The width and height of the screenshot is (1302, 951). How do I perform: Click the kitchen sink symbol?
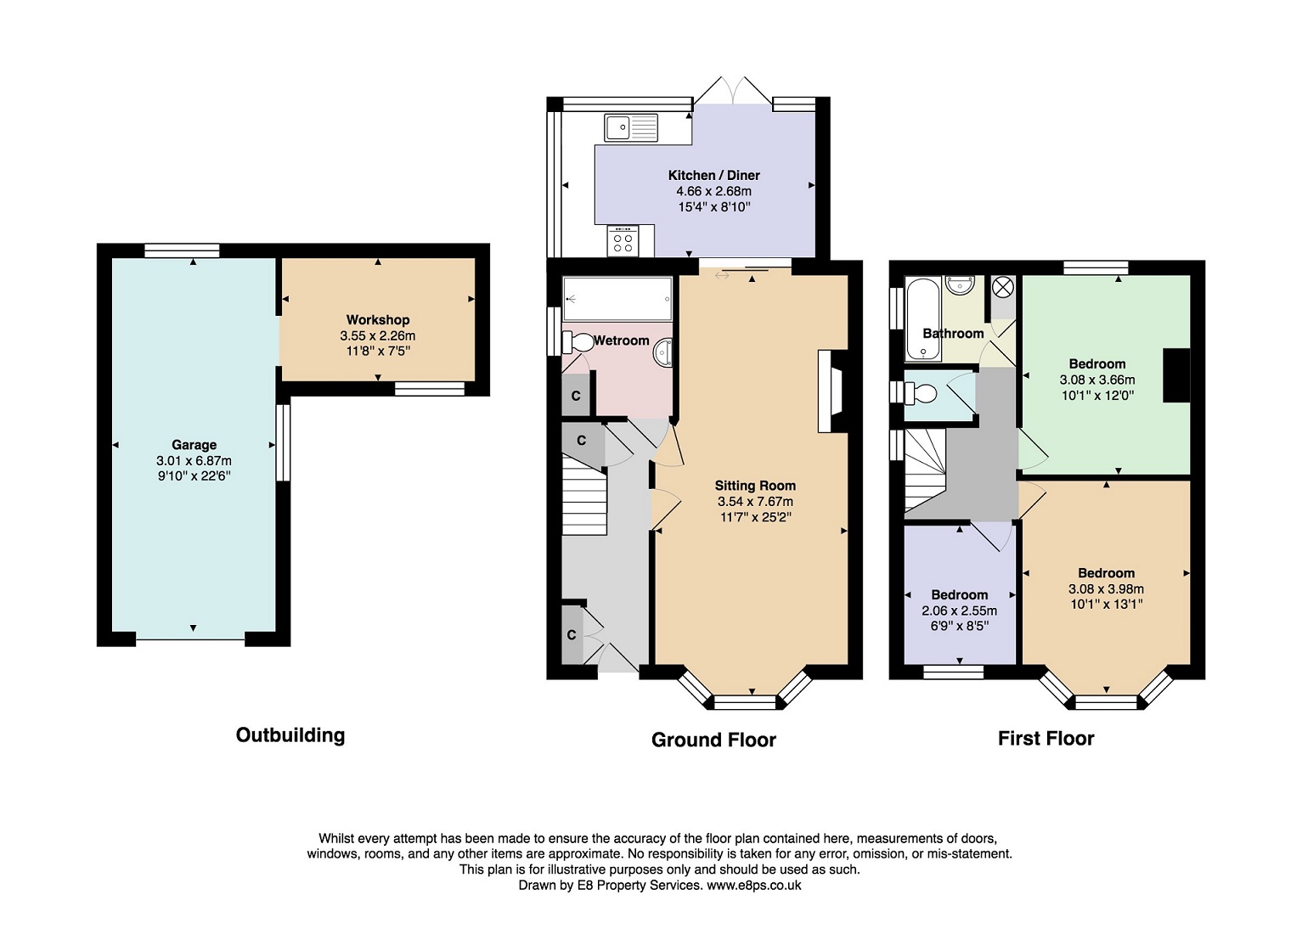pos(631,127)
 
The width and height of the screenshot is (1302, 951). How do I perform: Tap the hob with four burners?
pos(623,240)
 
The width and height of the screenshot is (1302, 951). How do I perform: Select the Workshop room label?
pos(378,319)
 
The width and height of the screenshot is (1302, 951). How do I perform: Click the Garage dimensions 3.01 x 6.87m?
pos(194,461)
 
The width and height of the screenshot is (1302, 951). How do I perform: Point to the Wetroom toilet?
pos(578,341)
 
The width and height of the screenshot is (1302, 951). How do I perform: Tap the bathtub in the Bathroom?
pos(922,319)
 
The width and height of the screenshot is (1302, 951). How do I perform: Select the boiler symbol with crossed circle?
pos(1003,287)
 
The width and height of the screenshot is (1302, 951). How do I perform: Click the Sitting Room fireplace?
pos(832,391)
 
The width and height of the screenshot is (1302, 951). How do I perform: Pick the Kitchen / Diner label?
pos(713,175)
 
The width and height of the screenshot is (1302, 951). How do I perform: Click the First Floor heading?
pos(1046,739)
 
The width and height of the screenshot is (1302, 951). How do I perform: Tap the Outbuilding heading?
pos(290,734)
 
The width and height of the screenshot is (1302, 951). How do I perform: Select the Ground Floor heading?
pos(713,740)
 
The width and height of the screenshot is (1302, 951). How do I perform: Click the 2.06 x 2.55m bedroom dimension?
pos(959,611)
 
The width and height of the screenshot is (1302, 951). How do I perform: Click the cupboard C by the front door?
pos(572,635)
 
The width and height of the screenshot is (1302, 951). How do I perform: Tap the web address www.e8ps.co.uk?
pos(754,885)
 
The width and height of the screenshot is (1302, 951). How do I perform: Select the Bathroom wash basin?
pos(961,285)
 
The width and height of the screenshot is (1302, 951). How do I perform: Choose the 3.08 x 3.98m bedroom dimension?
pos(1106,588)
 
